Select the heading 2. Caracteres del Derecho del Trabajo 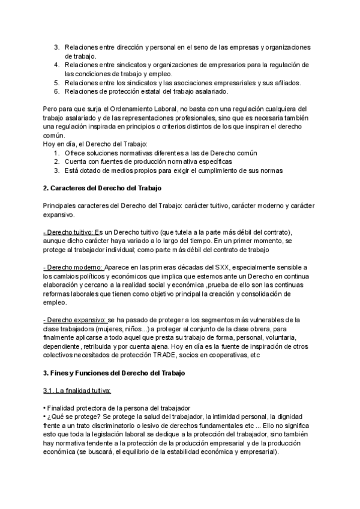click(103, 188)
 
